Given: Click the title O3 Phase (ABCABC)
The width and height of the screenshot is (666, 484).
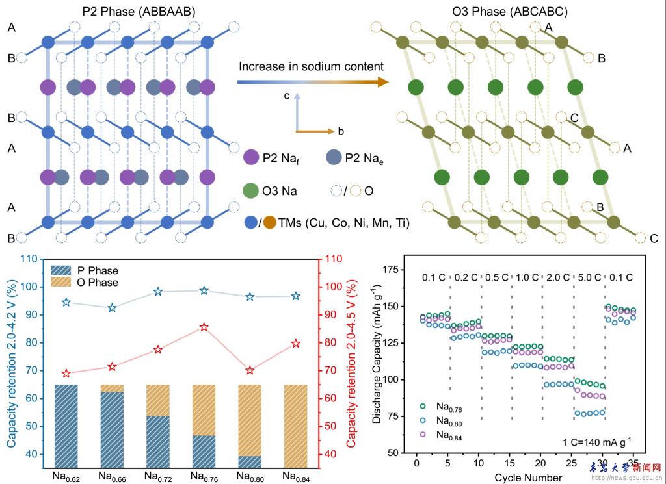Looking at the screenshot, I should (x=494, y=10).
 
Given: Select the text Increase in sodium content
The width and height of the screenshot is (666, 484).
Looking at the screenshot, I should (x=311, y=66).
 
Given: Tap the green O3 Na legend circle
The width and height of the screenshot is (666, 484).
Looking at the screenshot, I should (x=251, y=191).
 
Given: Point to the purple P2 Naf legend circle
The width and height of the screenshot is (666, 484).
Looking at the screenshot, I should (x=251, y=157).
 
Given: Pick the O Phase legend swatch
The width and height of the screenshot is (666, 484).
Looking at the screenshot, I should (x=64, y=283).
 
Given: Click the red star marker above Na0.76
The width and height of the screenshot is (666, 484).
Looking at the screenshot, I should (x=204, y=327).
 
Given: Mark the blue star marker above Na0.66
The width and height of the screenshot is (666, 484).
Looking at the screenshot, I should (x=112, y=307).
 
